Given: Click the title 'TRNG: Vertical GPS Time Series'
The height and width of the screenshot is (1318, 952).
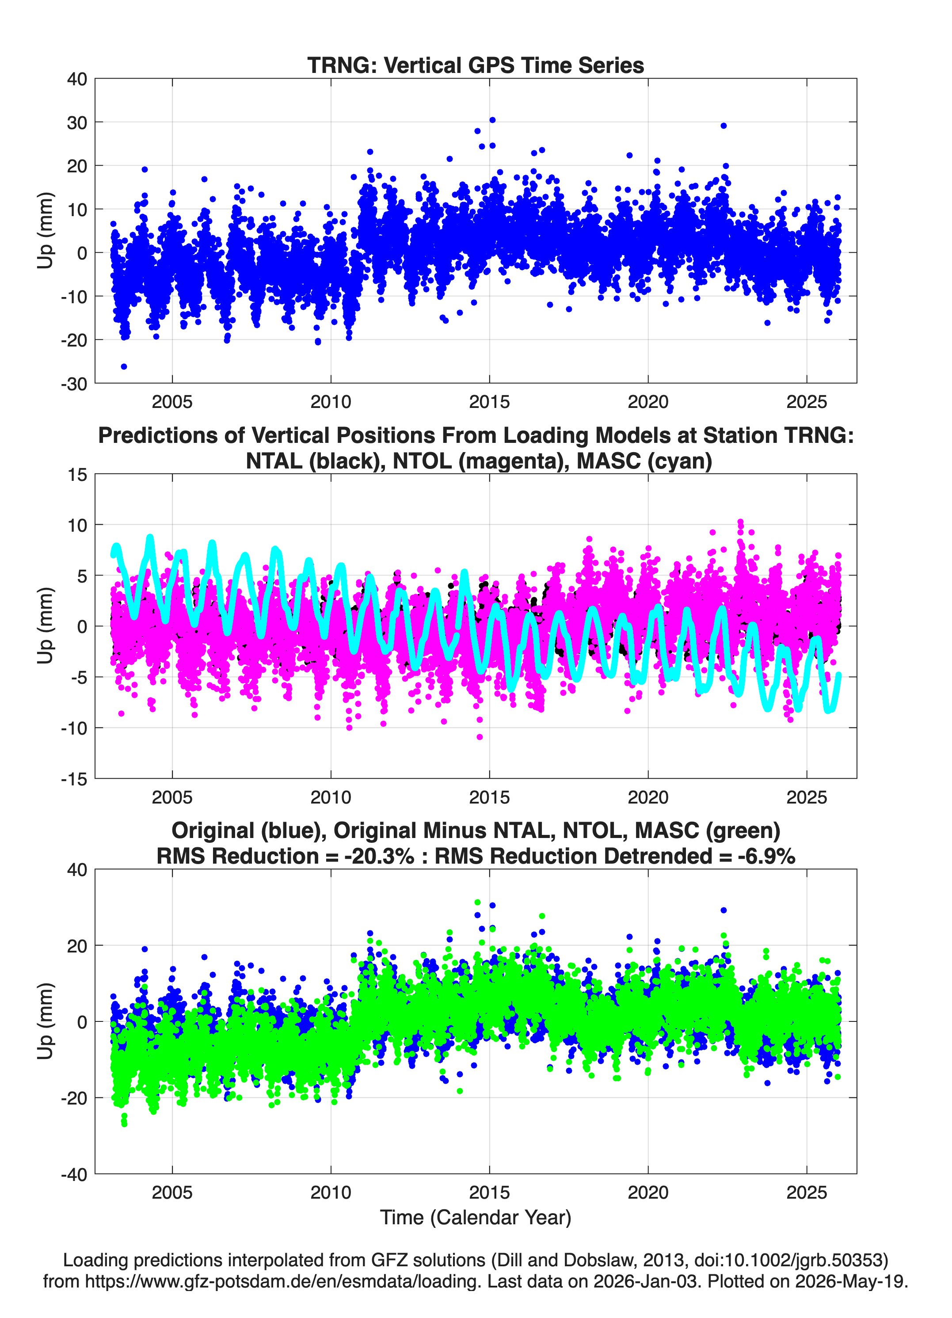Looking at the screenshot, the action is pos(476,65).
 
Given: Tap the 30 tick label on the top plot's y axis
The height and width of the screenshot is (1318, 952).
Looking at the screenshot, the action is pos(77,122).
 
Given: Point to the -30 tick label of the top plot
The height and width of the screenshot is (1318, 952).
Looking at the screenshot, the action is pos(74,384).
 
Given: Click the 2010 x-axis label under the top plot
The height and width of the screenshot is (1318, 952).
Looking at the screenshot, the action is pos(331,402).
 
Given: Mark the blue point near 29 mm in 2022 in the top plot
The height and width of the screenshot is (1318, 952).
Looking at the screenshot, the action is pos(724,126).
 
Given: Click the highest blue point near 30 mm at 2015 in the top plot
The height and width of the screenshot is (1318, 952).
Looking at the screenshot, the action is pos(492,120).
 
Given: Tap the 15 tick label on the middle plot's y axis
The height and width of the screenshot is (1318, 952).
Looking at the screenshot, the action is pos(77,475).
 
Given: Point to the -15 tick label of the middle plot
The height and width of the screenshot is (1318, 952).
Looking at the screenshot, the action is pos(74,779).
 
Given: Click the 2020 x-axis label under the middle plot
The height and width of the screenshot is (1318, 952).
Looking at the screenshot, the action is pos(648,797).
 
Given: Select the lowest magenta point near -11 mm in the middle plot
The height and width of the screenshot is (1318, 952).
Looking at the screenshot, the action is pos(480,737).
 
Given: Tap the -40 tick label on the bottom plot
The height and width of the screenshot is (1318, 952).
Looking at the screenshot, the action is pos(74,1174).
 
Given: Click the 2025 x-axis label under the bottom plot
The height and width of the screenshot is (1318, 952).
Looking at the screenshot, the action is pos(807,1192).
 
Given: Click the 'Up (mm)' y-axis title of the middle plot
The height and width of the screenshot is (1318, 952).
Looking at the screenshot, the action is pos(46,626).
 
